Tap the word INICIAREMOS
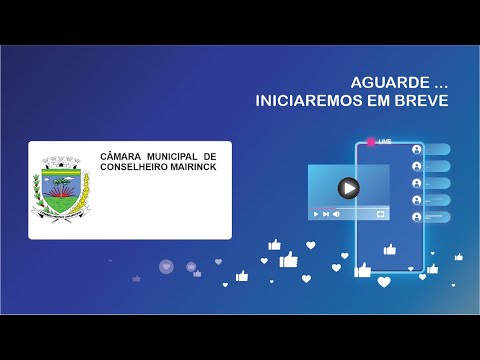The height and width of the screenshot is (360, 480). coord(304,101)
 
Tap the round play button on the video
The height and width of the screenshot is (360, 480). coord(348,187)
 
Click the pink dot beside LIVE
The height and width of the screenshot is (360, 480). coord(371,143)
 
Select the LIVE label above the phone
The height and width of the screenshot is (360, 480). coord(385,143)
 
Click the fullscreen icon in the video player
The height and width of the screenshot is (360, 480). coord(380,214)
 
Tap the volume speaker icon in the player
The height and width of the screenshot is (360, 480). coord(336,214)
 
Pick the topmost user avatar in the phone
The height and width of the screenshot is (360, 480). coord(416,150)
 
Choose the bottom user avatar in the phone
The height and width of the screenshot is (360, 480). coord(416,216)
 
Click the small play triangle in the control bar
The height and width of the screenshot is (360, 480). coord(316,214)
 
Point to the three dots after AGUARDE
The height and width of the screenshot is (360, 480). coord(426,82)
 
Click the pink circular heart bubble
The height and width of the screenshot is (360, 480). coord(166,266)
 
